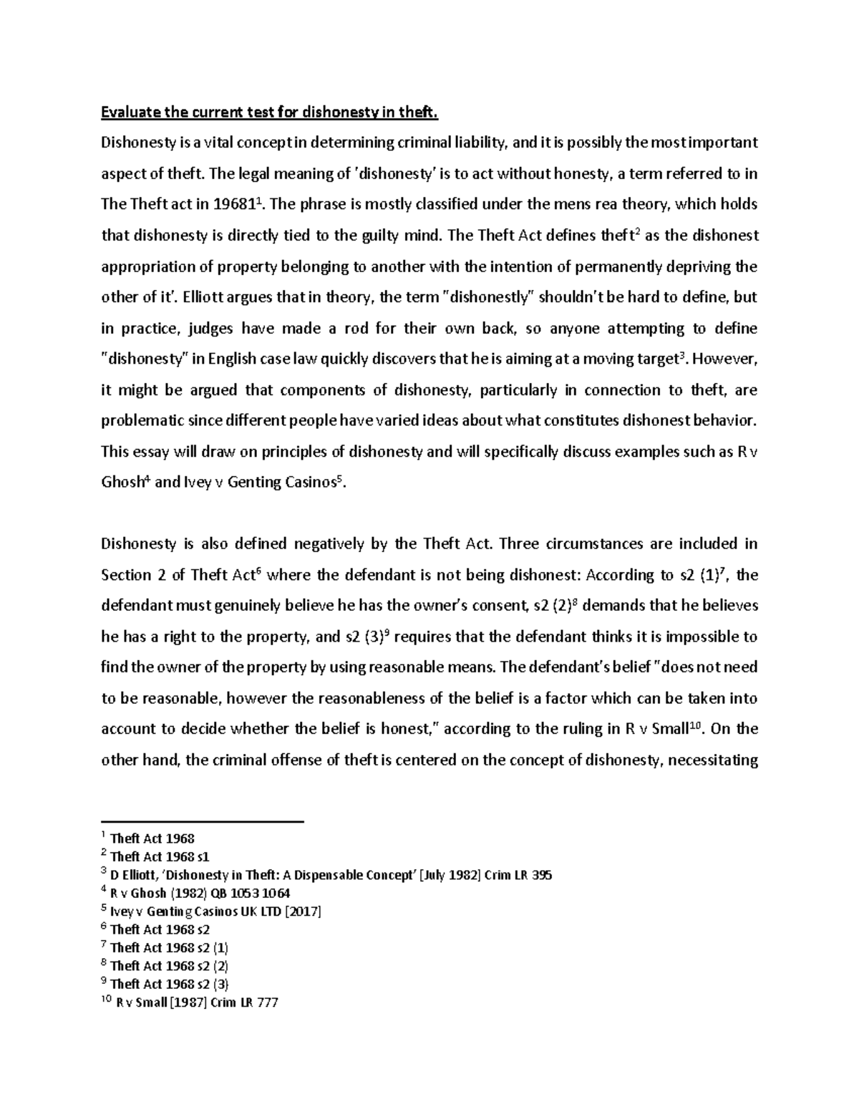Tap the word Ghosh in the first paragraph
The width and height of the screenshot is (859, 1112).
tap(123, 482)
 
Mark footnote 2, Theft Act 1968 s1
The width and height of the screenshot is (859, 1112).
tap(160, 856)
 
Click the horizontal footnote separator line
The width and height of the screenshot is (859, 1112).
tap(203, 821)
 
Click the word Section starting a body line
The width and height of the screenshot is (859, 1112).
tap(126, 574)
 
